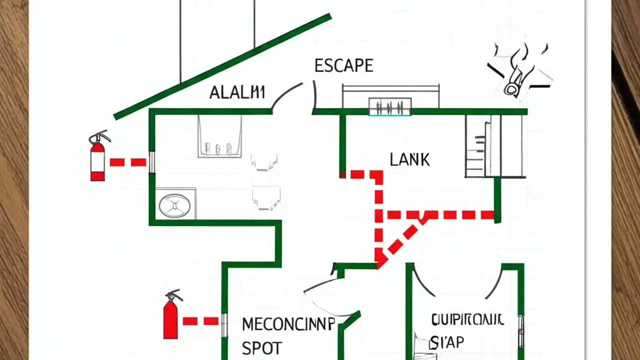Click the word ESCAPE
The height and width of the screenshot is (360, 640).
point(343,65)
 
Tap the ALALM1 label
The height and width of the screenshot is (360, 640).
point(236,92)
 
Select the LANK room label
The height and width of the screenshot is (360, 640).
point(409,160)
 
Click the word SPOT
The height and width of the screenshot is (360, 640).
point(261,347)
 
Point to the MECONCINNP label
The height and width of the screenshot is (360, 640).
point(288,324)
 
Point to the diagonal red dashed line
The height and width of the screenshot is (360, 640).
point(402,239)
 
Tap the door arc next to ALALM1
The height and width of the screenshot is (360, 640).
point(286,95)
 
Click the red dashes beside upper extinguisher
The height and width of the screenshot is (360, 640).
point(128,162)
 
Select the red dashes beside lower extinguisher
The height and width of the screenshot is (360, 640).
point(200,321)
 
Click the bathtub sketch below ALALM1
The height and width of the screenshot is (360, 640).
point(219,136)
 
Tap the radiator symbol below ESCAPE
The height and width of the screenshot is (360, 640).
point(390,106)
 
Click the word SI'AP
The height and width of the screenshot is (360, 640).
point(447,342)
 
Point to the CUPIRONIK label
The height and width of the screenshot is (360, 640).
point(467,320)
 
